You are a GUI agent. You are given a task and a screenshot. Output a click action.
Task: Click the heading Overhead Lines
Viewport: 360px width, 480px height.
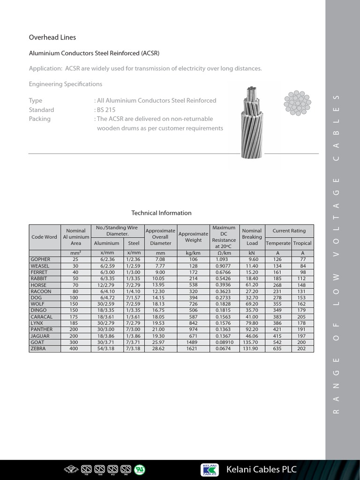52,37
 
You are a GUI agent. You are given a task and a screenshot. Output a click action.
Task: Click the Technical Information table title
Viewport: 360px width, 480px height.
161,213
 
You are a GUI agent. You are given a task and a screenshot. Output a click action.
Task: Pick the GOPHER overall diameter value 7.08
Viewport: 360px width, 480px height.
160,259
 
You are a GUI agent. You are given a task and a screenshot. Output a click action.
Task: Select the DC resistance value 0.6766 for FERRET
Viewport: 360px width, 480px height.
224,272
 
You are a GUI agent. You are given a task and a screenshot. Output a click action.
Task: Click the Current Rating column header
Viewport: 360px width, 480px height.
289,231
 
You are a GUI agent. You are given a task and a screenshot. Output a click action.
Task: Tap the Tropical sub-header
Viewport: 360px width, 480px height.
302,243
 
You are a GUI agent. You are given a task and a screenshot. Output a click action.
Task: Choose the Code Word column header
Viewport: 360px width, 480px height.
44,237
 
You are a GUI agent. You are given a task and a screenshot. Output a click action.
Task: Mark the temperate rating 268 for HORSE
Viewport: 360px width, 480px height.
278,285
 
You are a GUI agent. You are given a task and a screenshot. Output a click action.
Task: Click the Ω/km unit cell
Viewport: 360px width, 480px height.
224,253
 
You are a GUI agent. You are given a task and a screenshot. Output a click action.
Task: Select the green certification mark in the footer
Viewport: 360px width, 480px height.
140,469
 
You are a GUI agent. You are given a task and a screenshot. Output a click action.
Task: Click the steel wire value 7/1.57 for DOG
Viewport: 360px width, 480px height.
134,298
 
